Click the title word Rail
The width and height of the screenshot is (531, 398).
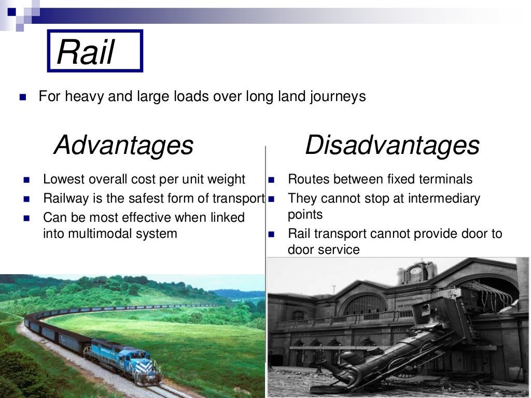tap(85, 52)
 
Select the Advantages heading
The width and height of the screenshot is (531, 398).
tap(123, 145)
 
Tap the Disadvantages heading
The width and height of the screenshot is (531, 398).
tap(392, 145)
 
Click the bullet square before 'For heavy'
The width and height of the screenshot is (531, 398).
tap(22, 97)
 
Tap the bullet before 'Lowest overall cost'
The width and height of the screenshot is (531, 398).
tap(27, 180)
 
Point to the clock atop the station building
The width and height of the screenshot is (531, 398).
tap(416, 270)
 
